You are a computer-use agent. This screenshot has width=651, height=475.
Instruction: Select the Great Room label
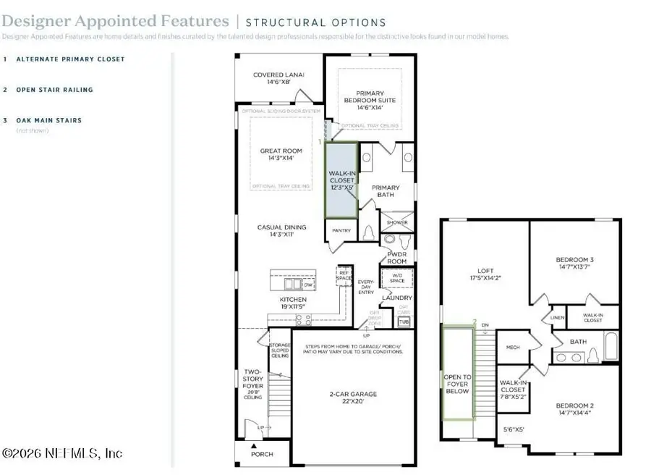click(280, 156)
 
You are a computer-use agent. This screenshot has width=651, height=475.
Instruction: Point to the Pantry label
click(341, 232)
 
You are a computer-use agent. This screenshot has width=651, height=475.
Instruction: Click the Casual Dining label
click(281, 232)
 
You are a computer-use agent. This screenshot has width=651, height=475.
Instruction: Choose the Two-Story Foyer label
click(252, 383)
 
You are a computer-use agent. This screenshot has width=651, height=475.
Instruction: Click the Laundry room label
click(397, 298)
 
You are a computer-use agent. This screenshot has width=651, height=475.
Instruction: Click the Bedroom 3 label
click(575, 264)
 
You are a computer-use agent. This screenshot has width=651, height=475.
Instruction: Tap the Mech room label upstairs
click(513, 347)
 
